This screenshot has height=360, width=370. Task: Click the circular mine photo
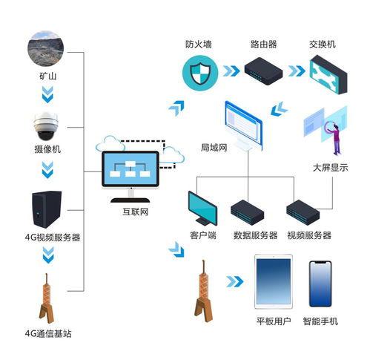coord(46,48)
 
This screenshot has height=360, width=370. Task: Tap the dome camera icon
coord(46,126)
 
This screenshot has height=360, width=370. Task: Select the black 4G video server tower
coord(47,209)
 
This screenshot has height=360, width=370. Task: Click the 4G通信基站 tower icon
coord(47,298)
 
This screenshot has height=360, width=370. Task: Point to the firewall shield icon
coord(200,73)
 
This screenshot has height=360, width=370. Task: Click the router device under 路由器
coord(263,71)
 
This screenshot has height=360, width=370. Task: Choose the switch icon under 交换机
coord(328,75)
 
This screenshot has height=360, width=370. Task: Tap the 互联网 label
coord(136,212)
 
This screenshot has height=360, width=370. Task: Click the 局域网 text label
coord(214,148)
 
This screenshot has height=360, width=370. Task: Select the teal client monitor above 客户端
coord(202,209)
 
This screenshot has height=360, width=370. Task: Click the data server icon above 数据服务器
coord(248,212)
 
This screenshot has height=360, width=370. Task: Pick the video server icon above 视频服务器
coord(303,212)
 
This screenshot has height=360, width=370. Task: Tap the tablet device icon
coord(274,281)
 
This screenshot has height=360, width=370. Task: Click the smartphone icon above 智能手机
coord(320,284)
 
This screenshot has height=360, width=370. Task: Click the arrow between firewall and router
coord(231,71)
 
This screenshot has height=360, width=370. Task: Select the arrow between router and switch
coord(297,71)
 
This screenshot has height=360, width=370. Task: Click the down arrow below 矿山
coord(47,94)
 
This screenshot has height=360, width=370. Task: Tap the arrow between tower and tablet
coord(235,281)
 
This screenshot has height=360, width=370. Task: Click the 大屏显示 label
coord(330,168)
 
